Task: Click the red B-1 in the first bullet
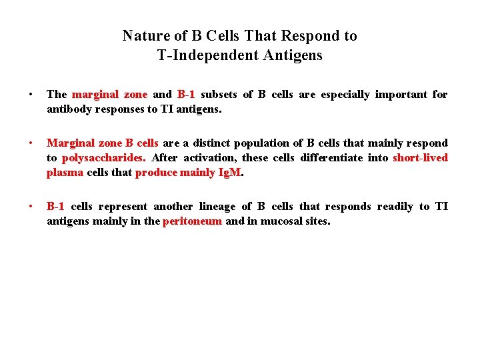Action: coord(186,95)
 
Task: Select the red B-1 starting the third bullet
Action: coord(55,207)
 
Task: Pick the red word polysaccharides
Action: coord(103,158)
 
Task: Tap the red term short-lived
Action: coord(420,158)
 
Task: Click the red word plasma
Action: coord(65,173)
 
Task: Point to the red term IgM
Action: coord(229,173)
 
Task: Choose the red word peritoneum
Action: coord(192,221)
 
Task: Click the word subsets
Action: coord(217,95)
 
